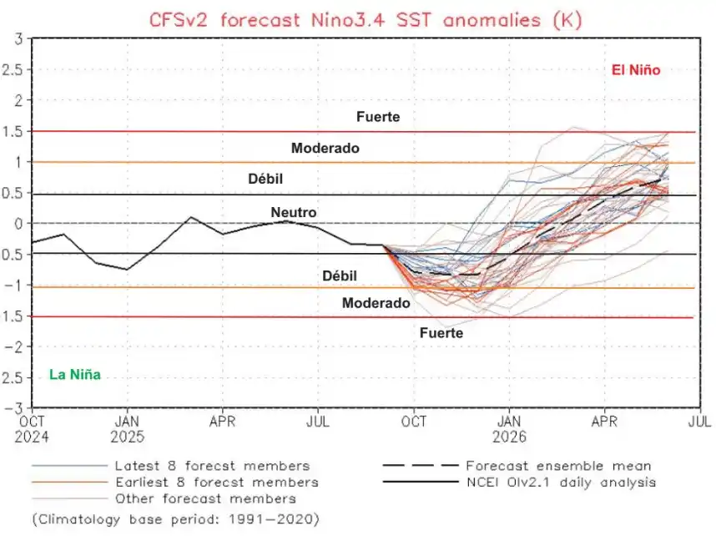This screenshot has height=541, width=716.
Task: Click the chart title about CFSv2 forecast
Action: pyautogui.click(x=365, y=18)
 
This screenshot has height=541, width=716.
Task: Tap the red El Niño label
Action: pyautogui.click(x=636, y=71)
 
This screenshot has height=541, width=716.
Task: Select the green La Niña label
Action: pyautogui.click(x=75, y=375)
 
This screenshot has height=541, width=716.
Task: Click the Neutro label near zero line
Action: pyautogui.click(x=294, y=212)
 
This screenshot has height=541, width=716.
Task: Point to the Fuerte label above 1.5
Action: pyautogui.click(x=378, y=117)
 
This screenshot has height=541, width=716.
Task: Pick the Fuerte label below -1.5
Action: pyautogui.click(x=441, y=332)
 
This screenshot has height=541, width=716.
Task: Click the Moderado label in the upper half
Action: pyautogui.click(x=325, y=148)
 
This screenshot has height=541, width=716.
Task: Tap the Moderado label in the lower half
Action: pyautogui.click(x=376, y=303)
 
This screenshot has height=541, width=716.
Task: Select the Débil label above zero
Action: pyautogui.click(x=272, y=179)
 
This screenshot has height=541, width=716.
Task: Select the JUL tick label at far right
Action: pyautogui.click(x=698, y=422)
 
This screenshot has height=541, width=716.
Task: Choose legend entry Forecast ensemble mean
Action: pyautogui.click(x=558, y=466)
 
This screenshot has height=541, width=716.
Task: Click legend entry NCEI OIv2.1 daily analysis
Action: pyautogui.click(x=561, y=482)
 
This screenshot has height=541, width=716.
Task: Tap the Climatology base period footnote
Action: pyautogui.click(x=176, y=518)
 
